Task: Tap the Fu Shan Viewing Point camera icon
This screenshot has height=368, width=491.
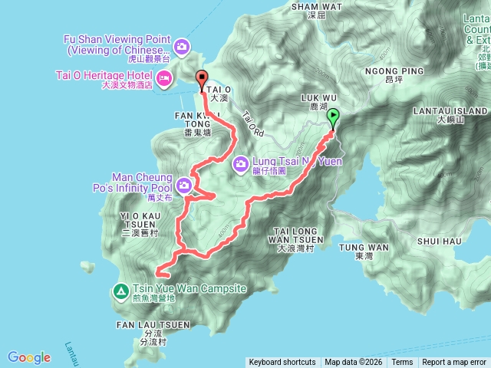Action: tap(182, 46)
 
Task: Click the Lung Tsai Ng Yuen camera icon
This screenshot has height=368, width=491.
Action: tap(241, 163)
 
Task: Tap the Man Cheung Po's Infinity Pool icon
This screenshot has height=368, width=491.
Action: tap(184, 185)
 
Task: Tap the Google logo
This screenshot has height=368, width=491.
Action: tap(29, 357)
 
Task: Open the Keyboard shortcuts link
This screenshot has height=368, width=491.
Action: tap(282, 363)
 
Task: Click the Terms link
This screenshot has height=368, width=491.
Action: tap(402, 363)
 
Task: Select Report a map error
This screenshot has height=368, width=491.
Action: tap(454, 363)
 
